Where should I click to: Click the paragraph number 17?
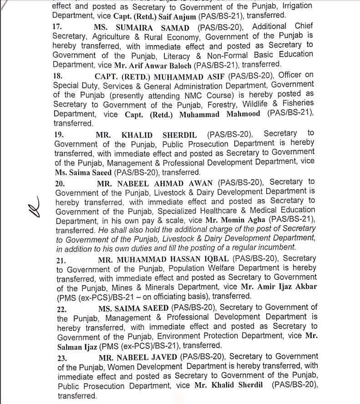coord(57,26)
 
